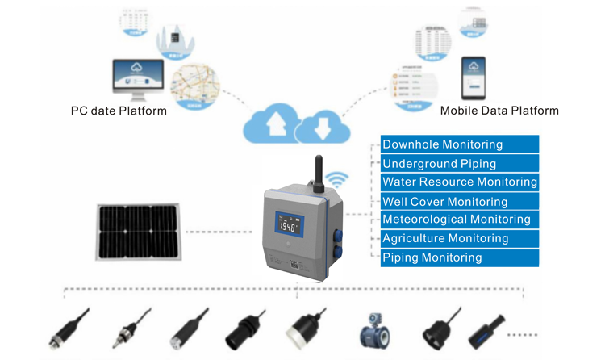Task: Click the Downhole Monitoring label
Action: [x=442, y=144]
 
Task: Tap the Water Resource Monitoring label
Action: [x=459, y=182]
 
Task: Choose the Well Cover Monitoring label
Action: [x=444, y=202]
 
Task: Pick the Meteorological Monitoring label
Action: [x=456, y=220]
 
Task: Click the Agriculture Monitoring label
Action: [x=444, y=238]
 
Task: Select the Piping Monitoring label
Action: [x=432, y=257]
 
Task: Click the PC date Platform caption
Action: [x=119, y=111]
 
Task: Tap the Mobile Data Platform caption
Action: [x=499, y=111]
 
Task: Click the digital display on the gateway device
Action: [x=288, y=225]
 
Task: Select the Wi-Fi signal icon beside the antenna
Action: [x=336, y=179]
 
